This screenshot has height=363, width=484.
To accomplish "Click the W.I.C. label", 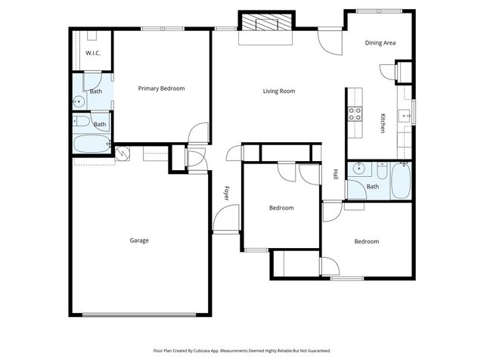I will (93, 53).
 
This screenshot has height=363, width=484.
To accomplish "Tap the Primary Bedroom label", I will (161, 88).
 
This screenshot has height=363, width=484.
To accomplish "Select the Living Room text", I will (278, 92).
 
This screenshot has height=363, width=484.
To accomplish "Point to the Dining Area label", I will (380, 43).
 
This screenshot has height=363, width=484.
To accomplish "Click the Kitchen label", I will (383, 123).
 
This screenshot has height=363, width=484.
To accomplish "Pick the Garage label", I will (138, 240).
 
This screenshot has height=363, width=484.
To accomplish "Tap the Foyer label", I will (225, 194).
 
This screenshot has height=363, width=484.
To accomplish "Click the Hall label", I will (336, 174).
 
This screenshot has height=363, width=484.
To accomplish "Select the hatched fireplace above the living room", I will (265, 24).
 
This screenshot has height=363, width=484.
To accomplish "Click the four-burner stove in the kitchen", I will (355, 114).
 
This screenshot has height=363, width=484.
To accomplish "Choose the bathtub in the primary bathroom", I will (91, 143).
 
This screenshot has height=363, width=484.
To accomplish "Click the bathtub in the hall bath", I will (401, 182).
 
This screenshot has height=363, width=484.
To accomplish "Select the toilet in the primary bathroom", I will (81, 122).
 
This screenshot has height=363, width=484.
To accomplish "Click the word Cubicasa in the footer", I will (207, 351).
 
